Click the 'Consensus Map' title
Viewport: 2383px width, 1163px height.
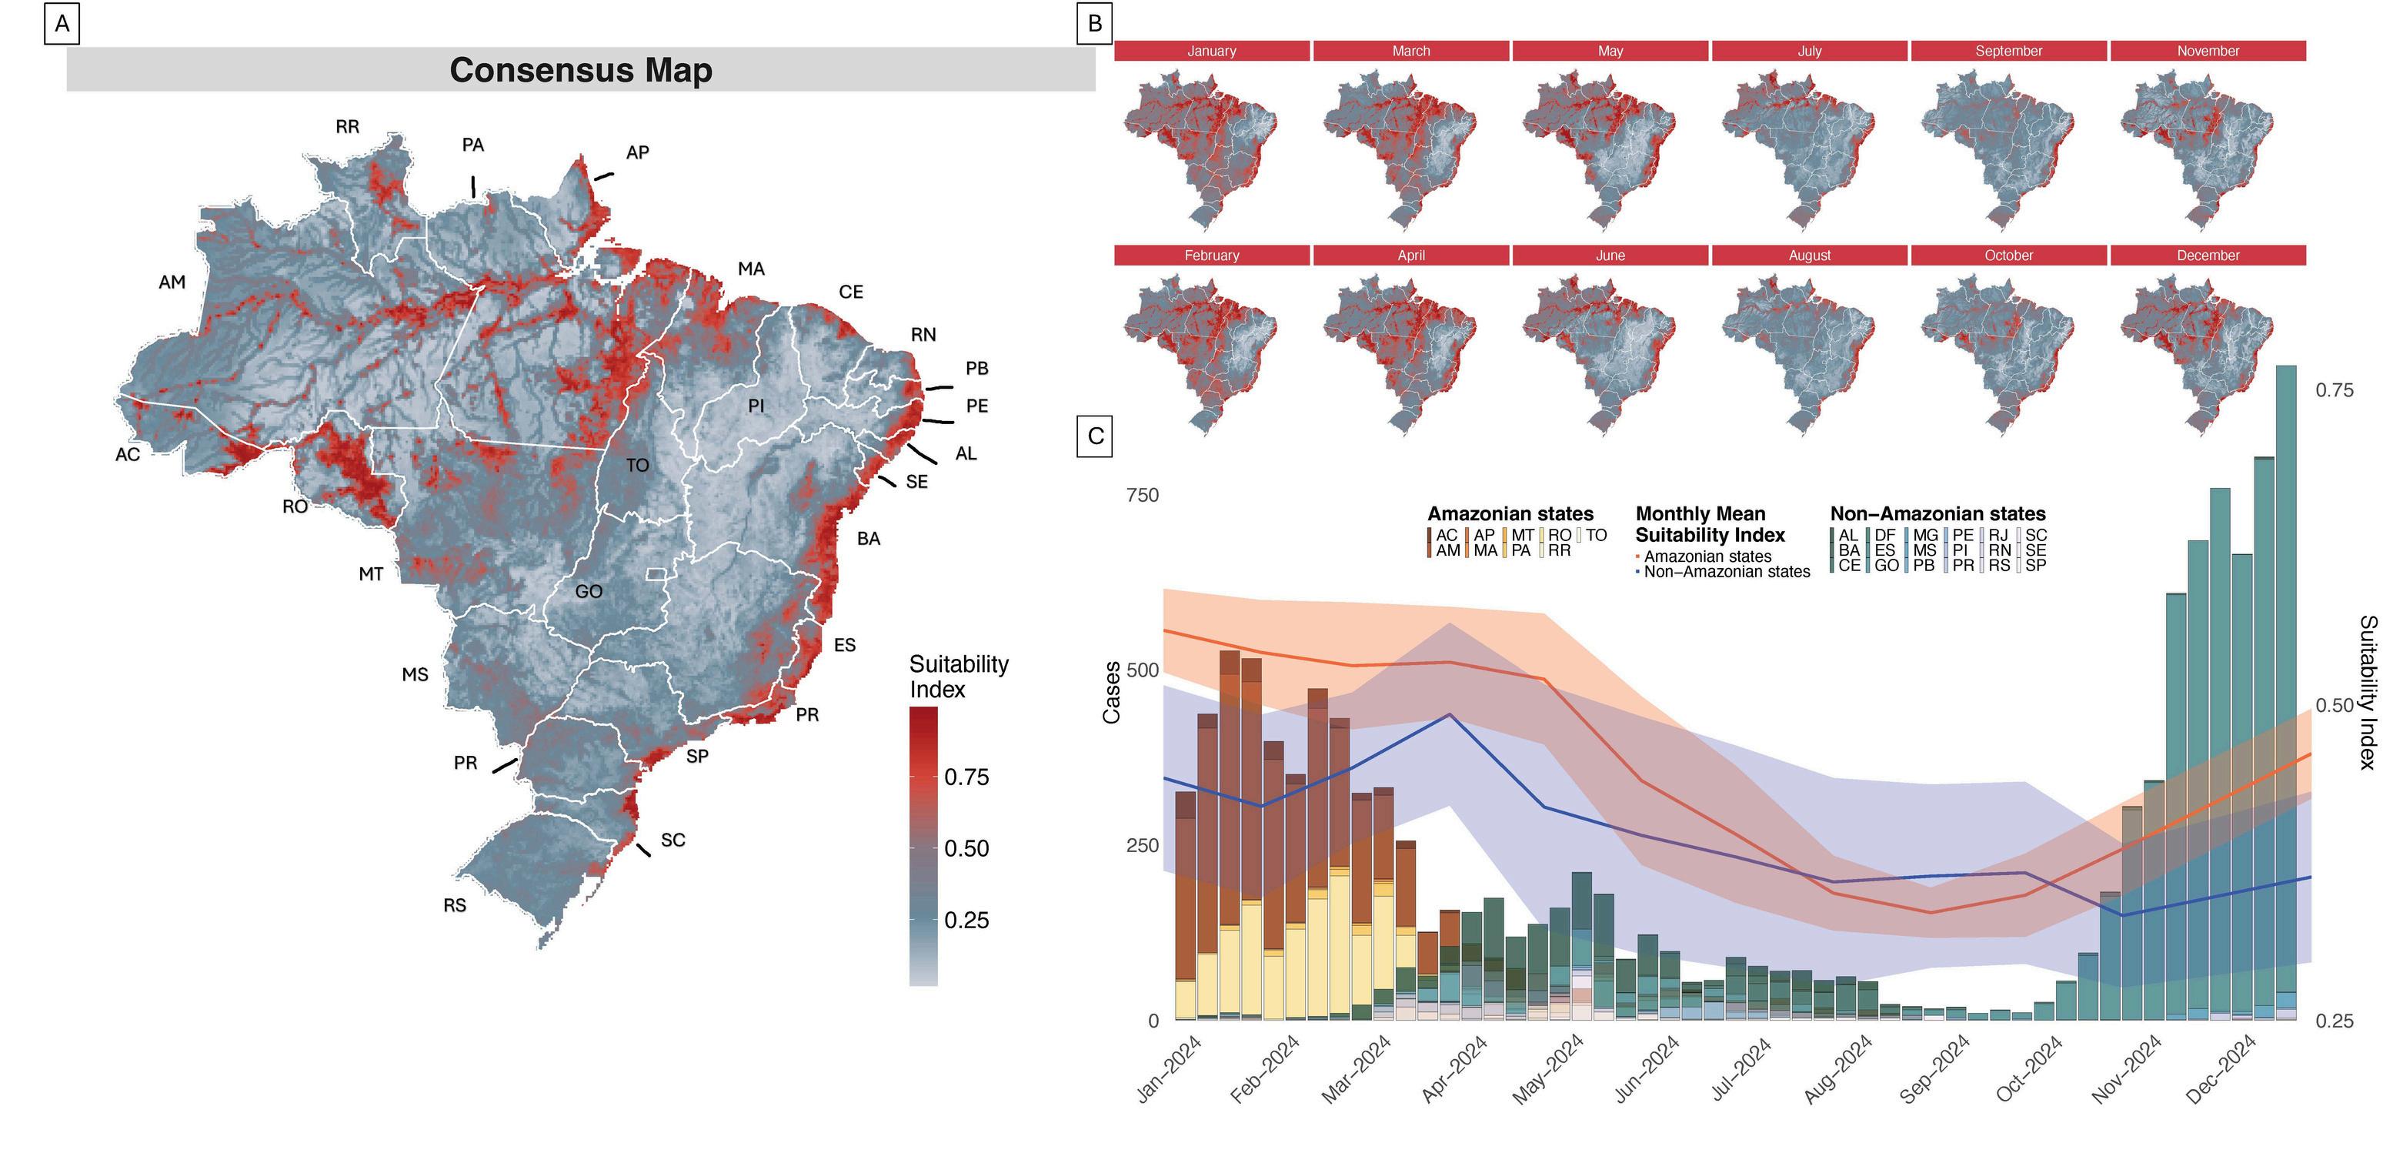pyautogui.click(x=580, y=70)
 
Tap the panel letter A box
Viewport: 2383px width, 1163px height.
pyautogui.click(x=62, y=24)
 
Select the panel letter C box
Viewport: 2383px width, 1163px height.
pyautogui.click(x=1095, y=436)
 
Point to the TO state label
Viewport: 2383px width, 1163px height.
pyautogui.click(x=637, y=466)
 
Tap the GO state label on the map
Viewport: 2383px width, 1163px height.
pyautogui.click(x=589, y=591)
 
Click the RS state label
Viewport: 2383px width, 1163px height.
pyautogui.click(x=454, y=906)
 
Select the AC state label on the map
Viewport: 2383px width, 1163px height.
pyautogui.click(x=128, y=454)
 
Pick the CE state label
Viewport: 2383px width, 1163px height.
pyautogui.click(x=850, y=292)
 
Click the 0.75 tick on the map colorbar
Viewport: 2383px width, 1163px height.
pyautogui.click(x=966, y=777)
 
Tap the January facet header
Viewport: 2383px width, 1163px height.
pyautogui.click(x=1211, y=51)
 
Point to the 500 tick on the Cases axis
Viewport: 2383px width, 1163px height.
pyautogui.click(x=1143, y=670)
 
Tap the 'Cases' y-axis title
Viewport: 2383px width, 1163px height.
pyautogui.click(x=1112, y=692)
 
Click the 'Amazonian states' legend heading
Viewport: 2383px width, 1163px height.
pyautogui.click(x=1510, y=513)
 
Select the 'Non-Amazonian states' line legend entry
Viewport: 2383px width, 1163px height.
pyautogui.click(x=1726, y=572)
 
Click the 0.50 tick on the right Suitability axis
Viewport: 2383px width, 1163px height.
pyautogui.click(x=2334, y=706)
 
